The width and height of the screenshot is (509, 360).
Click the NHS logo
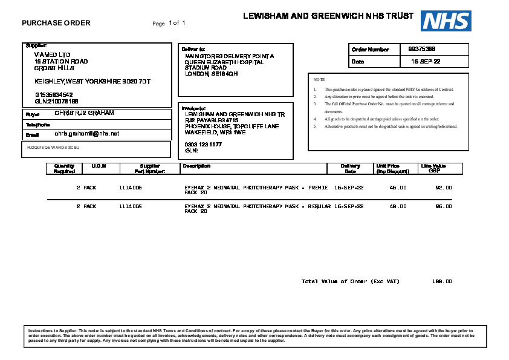447,21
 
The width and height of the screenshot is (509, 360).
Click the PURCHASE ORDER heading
56,23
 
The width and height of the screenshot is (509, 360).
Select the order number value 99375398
422,49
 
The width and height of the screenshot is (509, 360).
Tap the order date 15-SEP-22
426,62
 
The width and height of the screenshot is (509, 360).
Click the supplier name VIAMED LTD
53,55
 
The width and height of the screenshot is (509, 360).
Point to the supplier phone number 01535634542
54,94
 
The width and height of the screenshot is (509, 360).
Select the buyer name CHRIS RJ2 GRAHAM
84,113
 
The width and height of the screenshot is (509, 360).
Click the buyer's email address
87,133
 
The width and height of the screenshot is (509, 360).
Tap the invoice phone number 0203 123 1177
203,145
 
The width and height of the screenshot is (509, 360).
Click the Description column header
196,166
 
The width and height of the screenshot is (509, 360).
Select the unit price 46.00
398,188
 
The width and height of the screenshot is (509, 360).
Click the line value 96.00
444,206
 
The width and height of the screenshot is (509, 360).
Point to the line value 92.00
444,188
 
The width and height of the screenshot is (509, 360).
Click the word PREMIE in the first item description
318,188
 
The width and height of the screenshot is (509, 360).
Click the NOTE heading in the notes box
319,80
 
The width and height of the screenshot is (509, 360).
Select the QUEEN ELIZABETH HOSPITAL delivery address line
224,62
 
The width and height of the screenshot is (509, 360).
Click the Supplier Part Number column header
150,168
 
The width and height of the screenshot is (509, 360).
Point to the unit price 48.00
398,206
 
